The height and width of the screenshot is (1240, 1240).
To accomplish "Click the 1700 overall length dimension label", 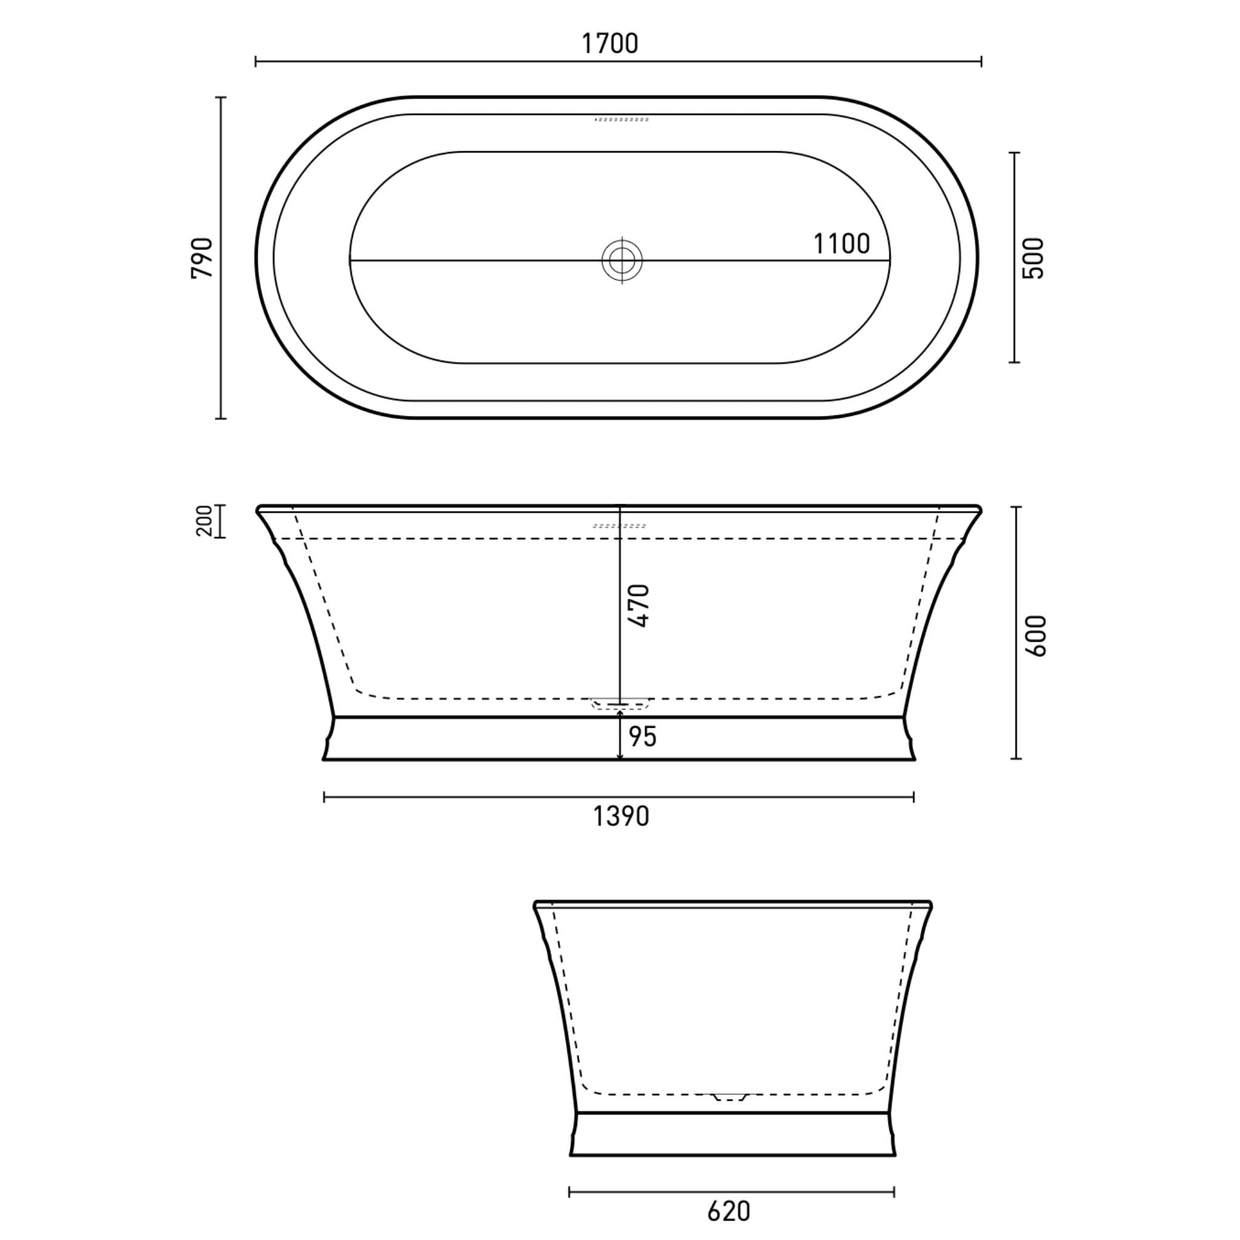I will tap(610, 44).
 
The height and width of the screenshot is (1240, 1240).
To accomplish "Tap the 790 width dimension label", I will tap(202, 258).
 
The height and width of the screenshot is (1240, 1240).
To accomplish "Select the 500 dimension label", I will tap(1034, 258).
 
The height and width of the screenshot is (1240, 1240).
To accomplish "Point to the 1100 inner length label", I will tap(842, 244).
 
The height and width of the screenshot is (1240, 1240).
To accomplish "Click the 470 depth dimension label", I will tap(640, 605).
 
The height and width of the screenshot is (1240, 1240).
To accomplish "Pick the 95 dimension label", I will tap(642, 737).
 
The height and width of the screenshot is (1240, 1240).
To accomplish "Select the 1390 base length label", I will tap(621, 816).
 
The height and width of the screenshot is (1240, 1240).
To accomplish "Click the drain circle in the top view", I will tap(622, 260).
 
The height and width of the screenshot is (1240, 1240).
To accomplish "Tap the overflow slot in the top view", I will tap(622, 119).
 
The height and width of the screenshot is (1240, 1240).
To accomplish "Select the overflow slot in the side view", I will tap(619, 526).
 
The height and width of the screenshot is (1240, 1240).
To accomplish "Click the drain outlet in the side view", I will tap(620, 705).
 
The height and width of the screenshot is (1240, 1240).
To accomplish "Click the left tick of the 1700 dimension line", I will tap(256, 62).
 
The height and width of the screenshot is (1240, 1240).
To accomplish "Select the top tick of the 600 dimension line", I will tap(1016, 507).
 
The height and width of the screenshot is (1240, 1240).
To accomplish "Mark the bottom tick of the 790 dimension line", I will tap(221, 418).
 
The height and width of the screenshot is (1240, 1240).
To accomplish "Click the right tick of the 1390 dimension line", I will tap(913, 798).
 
